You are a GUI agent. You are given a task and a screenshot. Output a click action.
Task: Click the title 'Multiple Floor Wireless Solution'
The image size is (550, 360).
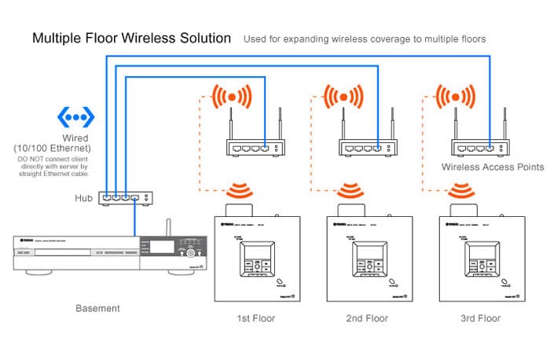[x=131, y=38]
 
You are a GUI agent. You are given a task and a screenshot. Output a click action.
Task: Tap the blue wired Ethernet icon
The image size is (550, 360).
[x=75, y=119]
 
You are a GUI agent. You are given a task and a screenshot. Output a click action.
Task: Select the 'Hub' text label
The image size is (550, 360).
[x=84, y=199]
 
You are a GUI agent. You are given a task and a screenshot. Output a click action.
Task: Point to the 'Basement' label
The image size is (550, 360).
[x=97, y=308]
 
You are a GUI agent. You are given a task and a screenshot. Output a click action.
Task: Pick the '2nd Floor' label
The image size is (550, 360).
[x=367, y=318]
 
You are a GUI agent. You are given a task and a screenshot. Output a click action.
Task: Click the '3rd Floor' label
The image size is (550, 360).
[x=479, y=318]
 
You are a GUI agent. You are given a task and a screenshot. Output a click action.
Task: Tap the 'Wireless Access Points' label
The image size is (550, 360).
[x=493, y=167]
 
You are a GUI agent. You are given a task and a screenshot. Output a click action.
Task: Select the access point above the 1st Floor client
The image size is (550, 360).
[x=253, y=145]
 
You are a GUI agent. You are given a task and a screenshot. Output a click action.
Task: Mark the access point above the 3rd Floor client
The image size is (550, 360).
[x=478, y=145]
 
